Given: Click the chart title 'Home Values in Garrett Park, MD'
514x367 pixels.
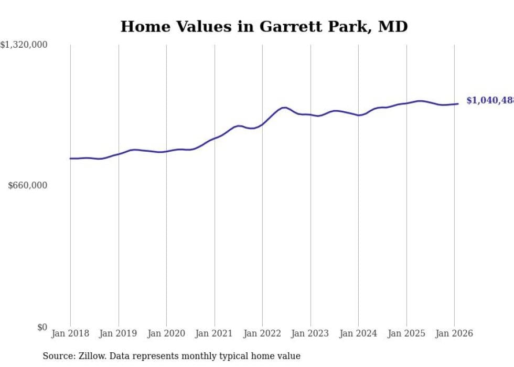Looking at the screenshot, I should click(x=264, y=26).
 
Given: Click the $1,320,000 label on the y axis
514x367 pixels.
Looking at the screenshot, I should click(x=24, y=45).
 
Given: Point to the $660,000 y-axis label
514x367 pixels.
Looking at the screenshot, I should click(x=28, y=185).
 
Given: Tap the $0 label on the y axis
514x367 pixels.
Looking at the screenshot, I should click(x=42, y=327).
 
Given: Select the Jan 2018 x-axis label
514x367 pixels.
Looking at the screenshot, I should click(x=70, y=334).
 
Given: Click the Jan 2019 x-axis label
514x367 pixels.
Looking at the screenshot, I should click(x=119, y=334).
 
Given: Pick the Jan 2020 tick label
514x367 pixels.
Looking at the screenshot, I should click(x=166, y=334).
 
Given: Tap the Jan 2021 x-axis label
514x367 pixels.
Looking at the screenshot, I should click(x=215, y=334).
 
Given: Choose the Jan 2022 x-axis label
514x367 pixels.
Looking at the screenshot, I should click(x=262, y=334).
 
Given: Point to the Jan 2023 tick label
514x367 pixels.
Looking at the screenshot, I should click(x=310, y=334).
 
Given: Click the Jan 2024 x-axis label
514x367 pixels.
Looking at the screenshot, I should click(x=358, y=334).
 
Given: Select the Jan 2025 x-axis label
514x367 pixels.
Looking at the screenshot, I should click(x=406, y=334).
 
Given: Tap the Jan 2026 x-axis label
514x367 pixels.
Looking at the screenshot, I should click(x=454, y=334).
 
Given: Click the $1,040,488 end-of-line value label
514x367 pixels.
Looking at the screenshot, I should click(x=490, y=100).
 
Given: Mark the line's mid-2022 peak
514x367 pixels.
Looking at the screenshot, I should click(x=284, y=108).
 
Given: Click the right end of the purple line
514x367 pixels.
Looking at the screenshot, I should click(x=458, y=103).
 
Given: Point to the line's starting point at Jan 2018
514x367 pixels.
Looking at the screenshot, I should click(x=70, y=158).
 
